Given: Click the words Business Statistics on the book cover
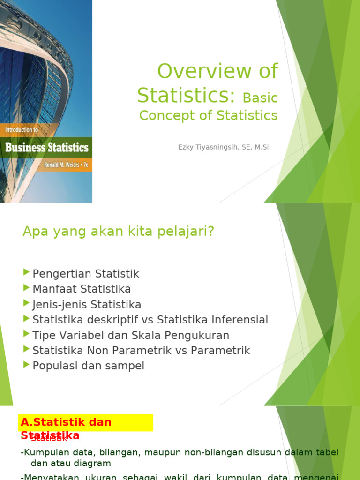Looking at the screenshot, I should click(x=47, y=148).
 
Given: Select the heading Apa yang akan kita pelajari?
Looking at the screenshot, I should click(x=118, y=231).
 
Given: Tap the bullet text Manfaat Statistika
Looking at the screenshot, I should click(x=82, y=289).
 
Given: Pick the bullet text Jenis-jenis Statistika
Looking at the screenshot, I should click(x=87, y=305).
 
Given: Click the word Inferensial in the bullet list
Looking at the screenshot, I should click(x=240, y=320).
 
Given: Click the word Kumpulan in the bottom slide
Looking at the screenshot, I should click(x=45, y=452).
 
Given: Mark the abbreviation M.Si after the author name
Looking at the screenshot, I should click(x=259, y=147).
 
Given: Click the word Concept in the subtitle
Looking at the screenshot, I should click(x=162, y=115).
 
